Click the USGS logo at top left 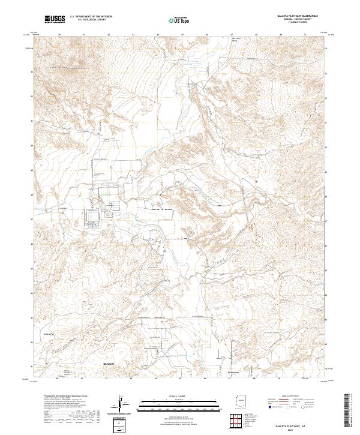tap(55, 19)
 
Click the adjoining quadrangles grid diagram tap(238, 421)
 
